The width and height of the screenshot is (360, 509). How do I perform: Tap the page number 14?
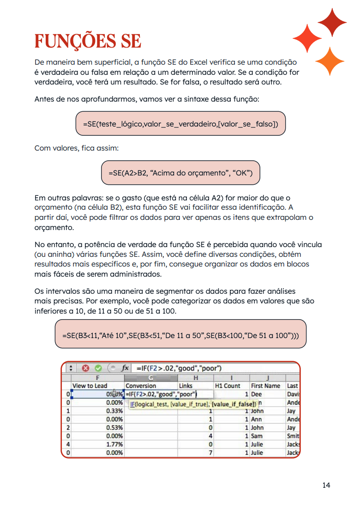pyautogui.click(x=326, y=485)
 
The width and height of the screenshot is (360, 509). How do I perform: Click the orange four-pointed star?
pyautogui.click(x=330, y=61)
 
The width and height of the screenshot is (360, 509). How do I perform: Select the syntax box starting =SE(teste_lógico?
pyautogui.click(x=180, y=124)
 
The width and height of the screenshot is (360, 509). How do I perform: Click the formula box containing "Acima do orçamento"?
pyautogui.click(x=180, y=173)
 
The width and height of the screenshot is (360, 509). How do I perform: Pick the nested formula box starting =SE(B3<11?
pyautogui.click(x=180, y=333)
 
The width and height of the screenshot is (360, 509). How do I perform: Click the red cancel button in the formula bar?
pyautogui.click(x=85, y=368)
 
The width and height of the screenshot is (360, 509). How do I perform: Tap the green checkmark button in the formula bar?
pyautogui.click(x=98, y=368)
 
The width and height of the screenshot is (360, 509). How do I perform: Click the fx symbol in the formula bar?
pyautogui.click(x=125, y=368)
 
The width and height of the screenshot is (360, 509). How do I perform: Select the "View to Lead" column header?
pyautogui.click(x=90, y=385)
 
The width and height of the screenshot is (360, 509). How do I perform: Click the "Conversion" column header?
pyautogui.click(x=141, y=385)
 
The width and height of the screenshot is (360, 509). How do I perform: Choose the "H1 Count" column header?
pyautogui.click(x=228, y=385)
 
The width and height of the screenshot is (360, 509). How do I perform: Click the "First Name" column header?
pyautogui.click(x=265, y=385)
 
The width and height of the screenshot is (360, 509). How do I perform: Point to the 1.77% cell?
pyautogui.click(x=114, y=444)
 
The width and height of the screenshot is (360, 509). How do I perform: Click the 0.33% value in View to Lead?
pyautogui.click(x=114, y=411)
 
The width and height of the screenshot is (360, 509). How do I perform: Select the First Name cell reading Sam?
pyautogui.click(x=257, y=436)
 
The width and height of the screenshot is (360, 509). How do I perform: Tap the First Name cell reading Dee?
pyautogui.click(x=256, y=394)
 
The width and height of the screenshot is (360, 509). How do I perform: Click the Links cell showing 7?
pyautogui.click(x=210, y=453)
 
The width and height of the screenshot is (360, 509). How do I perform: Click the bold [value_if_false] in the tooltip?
pyautogui.click(x=234, y=404)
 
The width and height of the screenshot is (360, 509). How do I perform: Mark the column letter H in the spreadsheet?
pyautogui.click(x=196, y=378)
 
